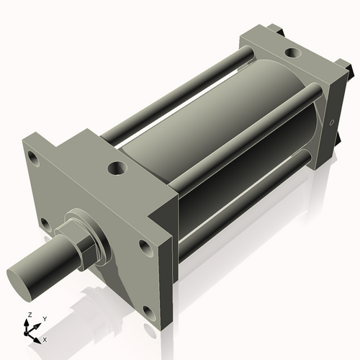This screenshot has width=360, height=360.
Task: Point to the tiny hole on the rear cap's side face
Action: pyautogui.click(x=332, y=123)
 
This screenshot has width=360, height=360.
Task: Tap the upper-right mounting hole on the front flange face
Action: pyautogui.click(x=146, y=247)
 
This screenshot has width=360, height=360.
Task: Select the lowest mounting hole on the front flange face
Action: pyautogui.click(x=149, y=312)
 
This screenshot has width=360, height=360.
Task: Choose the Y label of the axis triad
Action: pyautogui.click(x=45, y=318)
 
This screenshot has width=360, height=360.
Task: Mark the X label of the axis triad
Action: pyautogui.click(x=45, y=338)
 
